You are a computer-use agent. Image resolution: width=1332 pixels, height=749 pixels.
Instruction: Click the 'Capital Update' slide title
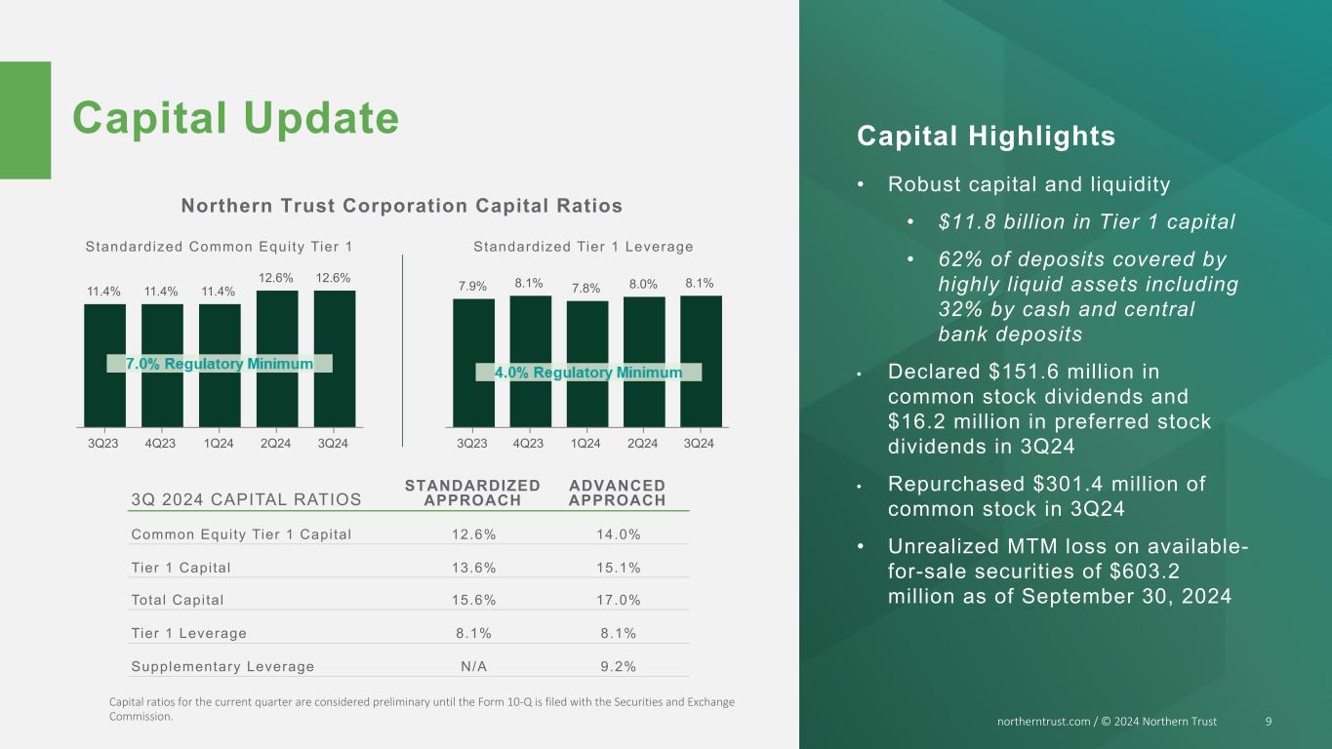pyautogui.click(x=235, y=119)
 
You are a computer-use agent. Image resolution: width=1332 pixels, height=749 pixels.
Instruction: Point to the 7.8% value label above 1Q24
pyautogui.click(x=585, y=288)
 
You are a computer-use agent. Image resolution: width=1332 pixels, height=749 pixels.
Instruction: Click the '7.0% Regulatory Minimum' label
pyautogui.click(x=220, y=364)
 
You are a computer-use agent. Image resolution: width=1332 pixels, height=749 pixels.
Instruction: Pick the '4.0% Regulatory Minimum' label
pyautogui.click(x=588, y=373)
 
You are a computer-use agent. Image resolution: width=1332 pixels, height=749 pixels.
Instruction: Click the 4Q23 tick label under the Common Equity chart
pyautogui.click(x=161, y=444)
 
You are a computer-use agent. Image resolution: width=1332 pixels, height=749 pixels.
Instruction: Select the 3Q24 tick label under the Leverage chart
pyautogui.click(x=699, y=444)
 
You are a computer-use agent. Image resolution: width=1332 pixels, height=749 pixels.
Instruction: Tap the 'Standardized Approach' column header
pyautogui.click(x=472, y=493)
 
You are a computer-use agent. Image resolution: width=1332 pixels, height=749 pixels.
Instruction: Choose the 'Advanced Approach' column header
pyautogui.click(x=617, y=493)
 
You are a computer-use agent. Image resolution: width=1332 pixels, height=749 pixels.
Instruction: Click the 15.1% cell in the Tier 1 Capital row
pyautogui.click(x=617, y=568)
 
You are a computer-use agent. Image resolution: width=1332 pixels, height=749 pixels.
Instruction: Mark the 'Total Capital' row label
pyautogui.click(x=178, y=601)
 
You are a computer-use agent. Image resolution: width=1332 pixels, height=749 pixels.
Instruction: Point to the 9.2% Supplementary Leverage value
pyautogui.click(x=617, y=667)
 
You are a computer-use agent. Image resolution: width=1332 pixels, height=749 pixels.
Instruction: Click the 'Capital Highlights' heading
pyautogui.click(x=986, y=137)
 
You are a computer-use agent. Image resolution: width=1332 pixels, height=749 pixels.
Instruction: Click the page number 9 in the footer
pyautogui.click(x=1268, y=722)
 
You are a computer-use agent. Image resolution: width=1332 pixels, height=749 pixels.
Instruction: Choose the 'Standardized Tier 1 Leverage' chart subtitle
pyautogui.click(x=584, y=247)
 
